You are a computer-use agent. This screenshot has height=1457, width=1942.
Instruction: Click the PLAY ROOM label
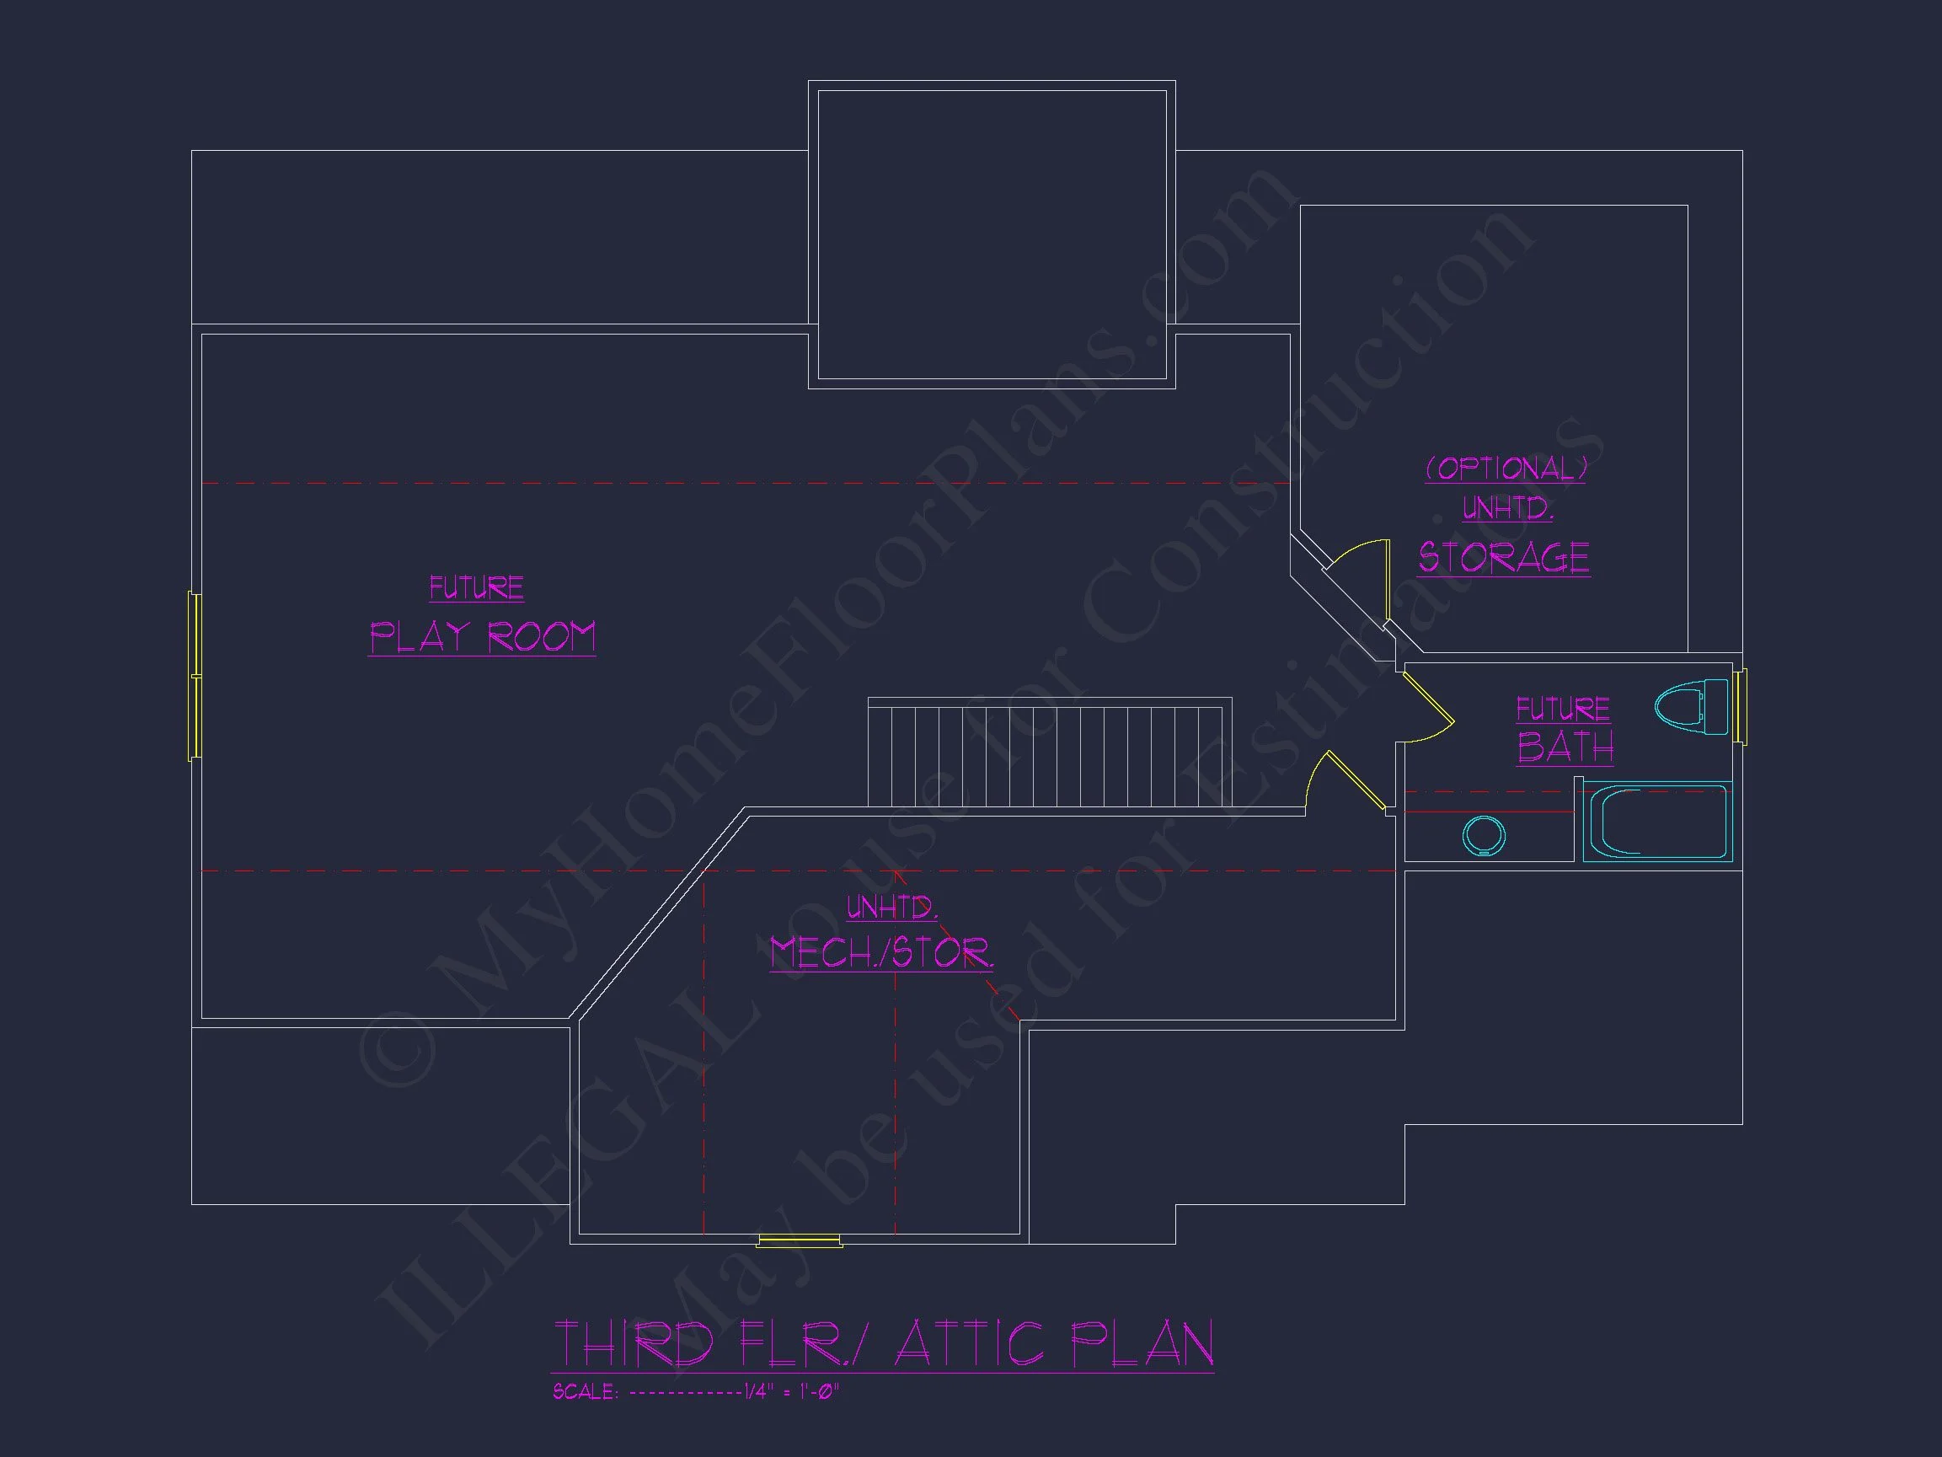(x=482, y=637)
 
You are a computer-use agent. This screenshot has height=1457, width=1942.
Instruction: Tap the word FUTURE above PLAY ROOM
(x=477, y=587)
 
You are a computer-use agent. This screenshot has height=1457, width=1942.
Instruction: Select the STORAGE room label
(x=1504, y=558)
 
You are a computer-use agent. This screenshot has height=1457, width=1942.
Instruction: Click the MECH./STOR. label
(x=881, y=952)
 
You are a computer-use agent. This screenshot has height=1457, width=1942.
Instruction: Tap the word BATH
(x=1565, y=747)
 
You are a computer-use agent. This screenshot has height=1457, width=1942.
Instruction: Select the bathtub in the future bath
(x=1657, y=821)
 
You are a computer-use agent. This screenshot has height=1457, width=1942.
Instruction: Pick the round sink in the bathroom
(x=1484, y=835)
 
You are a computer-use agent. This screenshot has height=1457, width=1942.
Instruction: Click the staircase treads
(x=1050, y=753)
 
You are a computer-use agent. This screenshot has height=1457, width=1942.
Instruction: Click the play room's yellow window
(x=195, y=676)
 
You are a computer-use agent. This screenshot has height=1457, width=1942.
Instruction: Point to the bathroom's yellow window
(x=1739, y=707)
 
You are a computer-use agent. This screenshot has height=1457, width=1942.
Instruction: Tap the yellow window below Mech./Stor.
(x=800, y=1241)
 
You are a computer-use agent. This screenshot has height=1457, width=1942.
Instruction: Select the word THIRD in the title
(x=634, y=1344)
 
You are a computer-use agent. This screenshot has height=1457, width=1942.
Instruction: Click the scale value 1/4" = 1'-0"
(x=792, y=1392)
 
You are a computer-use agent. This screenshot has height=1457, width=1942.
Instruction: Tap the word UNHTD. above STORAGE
(x=1507, y=507)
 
